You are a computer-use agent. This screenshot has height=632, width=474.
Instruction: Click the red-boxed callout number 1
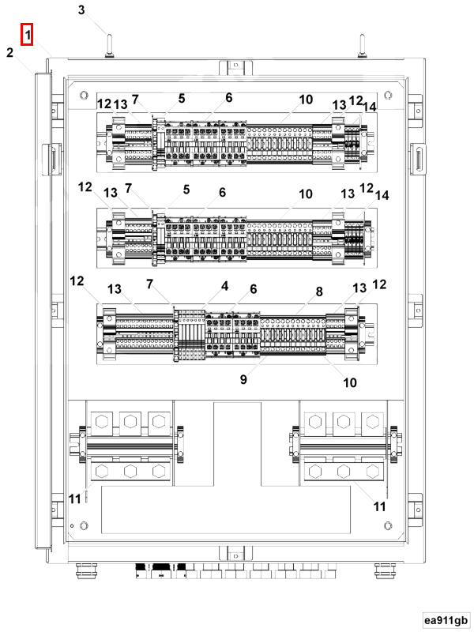(27, 35)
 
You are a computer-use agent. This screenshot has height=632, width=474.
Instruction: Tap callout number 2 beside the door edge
(9, 52)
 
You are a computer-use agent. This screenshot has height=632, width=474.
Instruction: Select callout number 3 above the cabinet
(81, 9)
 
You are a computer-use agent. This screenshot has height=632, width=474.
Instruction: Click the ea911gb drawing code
(446, 620)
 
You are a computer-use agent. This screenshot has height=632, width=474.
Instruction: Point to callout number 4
(224, 286)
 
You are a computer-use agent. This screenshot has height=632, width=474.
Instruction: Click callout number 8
(319, 292)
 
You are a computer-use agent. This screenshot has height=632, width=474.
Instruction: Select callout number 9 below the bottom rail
(243, 379)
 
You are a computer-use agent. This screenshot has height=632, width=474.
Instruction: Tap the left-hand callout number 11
(74, 499)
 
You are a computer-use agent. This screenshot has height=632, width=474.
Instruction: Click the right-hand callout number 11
(380, 506)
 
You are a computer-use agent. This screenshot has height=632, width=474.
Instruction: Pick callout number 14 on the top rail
(369, 107)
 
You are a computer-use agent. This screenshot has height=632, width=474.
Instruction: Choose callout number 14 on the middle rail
(382, 195)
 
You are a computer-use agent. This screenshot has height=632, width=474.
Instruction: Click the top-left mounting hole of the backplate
(84, 95)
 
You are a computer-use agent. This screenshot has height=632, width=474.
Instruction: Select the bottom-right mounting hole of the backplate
(388, 525)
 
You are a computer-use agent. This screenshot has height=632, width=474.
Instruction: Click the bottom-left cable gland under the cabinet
(87, 570)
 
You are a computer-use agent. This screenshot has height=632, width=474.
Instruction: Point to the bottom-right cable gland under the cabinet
(385, 570)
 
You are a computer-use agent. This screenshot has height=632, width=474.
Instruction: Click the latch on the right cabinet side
(418, 160)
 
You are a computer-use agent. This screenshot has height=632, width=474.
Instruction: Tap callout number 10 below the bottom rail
(350, 382)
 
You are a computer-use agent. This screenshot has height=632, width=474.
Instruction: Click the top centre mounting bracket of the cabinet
(235, 67)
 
